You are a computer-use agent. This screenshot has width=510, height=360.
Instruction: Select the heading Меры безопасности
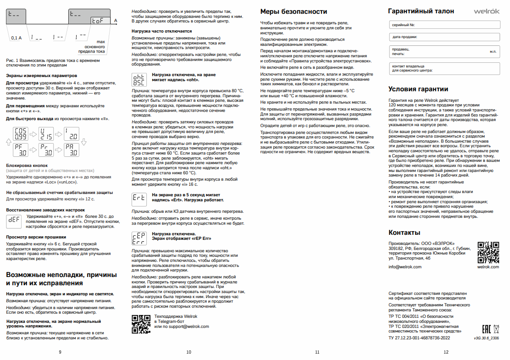pyautogui.click(x=294, y=11)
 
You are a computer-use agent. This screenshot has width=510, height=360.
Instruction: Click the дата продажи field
pyautogui.click(x=443, y=36)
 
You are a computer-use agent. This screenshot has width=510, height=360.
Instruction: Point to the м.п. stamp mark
pyautogui.click(x=493, y=51)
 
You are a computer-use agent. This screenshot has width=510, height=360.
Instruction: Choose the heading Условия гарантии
pyautogui.click(x=418, y=89)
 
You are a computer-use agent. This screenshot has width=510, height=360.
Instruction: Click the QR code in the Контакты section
pyautogui.click(x=488, y=251)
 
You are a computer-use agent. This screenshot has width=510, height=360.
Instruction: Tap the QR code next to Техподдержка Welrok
pyautogui.click(x=141, y=324)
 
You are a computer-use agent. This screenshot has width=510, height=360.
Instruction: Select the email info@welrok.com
pyautogui.click(x=405, y=266)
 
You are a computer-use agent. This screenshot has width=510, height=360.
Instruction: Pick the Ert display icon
pyautogui.click(x=139, y=198)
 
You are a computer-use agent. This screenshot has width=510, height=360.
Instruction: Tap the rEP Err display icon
pyautogui.click(x=139, y=238)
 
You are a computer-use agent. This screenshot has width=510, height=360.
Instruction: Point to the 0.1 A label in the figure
pyautogui.click(x=17, y=38)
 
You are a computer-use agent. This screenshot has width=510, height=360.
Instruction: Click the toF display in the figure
pyautogui.click(x=100, y=21)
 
